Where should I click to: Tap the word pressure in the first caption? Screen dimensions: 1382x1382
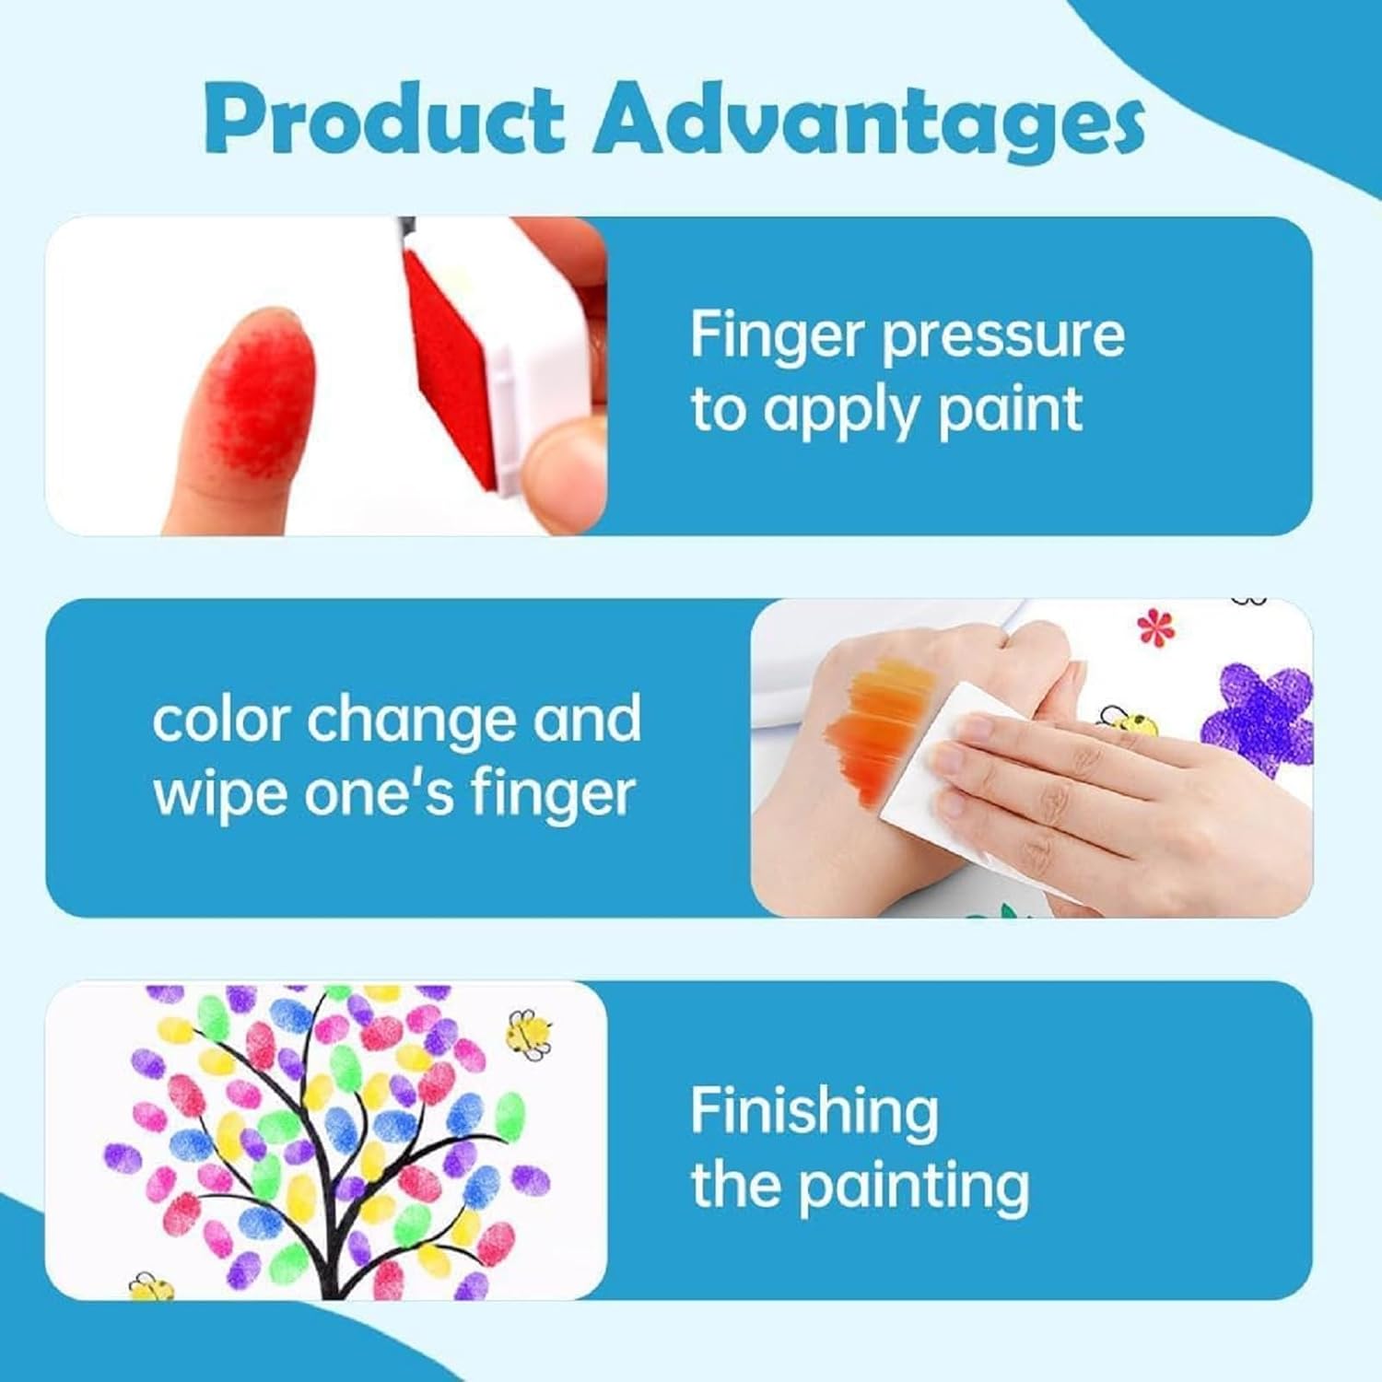coord(1003,336)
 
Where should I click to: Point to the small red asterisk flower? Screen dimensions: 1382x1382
coord(1151,627)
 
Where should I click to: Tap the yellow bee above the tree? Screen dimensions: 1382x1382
coord(529,1031)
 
